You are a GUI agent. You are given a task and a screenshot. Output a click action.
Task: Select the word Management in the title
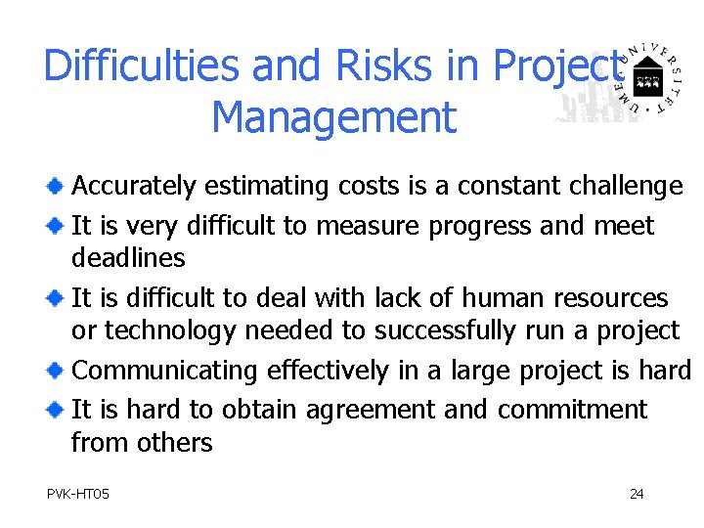pos(333,117)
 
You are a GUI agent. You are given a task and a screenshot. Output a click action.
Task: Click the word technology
pos(170,331)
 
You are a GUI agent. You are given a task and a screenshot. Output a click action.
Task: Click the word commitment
pos(572,409)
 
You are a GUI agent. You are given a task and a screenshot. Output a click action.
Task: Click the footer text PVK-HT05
pos(78,494)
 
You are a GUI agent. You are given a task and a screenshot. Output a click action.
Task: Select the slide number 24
pos(637,494)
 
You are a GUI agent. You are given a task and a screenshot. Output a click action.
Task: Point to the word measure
pos(367,226)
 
